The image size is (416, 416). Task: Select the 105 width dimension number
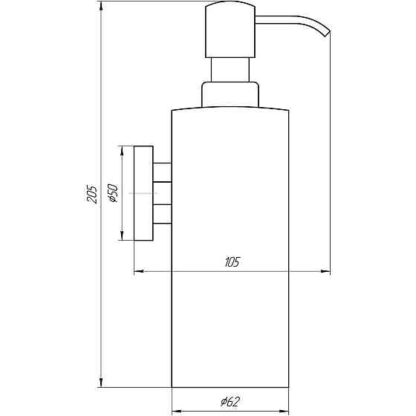pos(230,262)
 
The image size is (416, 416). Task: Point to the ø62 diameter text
pos(230,402)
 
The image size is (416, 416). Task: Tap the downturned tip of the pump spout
pos(326,32)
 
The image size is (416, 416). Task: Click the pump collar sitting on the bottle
pos(231,95)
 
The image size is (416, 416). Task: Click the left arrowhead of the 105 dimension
pos(138,273)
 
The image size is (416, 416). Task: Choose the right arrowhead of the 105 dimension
pos(326,273)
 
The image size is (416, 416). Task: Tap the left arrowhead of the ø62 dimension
pos(176,410)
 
